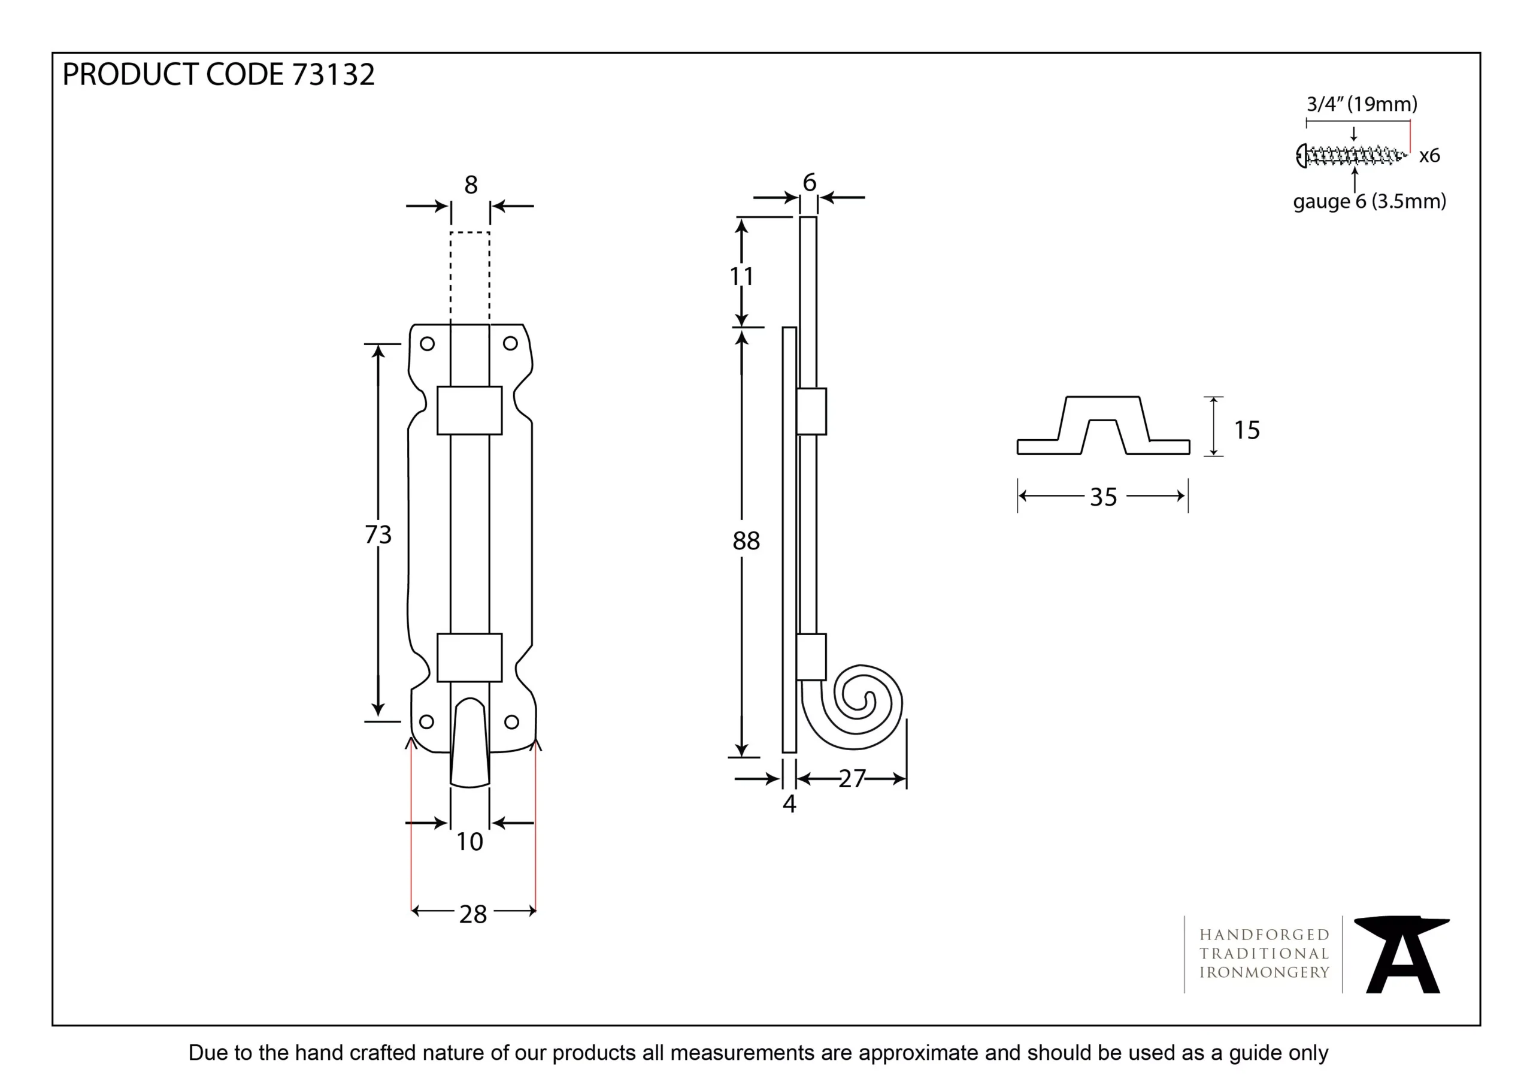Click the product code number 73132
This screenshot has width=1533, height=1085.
pyautogui.click(x=333, y=74)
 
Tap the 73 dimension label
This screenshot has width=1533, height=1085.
pyautogui.click(x=378, y=534)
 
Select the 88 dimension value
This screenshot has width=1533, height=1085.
pyautogui.click(x=746, y=540)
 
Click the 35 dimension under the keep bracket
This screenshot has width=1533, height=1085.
pyautogui.click(x=1103, y=497)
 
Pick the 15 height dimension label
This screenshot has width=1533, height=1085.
pyautogui.click(x=1247, y=430)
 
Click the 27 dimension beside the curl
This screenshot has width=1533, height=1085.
pyautogui.click(x=852, y=779)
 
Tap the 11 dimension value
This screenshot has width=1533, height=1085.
pyautogui.click(x=741, y=276)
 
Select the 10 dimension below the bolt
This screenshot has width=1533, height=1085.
pyautogui.click(x=469, y=842)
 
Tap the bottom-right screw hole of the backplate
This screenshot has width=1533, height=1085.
pyautogui.click(x=511, y=721)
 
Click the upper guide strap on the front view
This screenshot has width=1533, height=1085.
pyautogui.click(x=469, y=410)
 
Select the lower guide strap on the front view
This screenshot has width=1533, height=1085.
pyautogui.click(x=469, y=657)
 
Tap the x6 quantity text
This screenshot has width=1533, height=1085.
pyautogui.click(x=1429, y=156)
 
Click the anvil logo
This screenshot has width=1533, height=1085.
pyautogui.click(x=1401, y=955)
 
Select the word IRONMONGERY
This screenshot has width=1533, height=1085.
pyautogui.click(x=1265, y=972)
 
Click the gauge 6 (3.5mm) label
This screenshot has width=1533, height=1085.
pyautogui.click(x=1370, y=201)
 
